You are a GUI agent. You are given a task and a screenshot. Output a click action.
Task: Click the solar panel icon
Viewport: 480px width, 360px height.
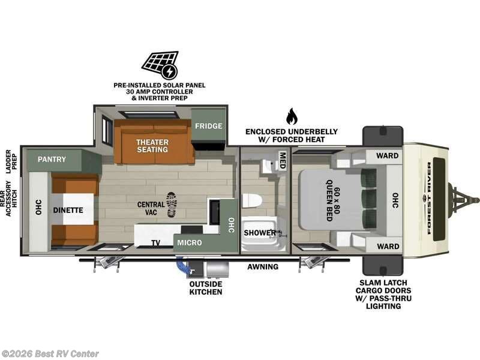160,65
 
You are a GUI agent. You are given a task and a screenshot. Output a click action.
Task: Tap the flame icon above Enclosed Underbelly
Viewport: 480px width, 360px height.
292,116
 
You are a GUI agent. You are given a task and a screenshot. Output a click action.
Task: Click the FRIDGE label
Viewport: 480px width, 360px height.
208,127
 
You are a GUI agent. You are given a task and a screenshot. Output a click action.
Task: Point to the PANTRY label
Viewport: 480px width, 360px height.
52,160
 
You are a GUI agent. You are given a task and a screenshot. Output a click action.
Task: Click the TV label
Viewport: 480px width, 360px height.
155,243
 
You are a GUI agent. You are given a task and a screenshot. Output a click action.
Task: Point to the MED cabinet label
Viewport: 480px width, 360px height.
282,159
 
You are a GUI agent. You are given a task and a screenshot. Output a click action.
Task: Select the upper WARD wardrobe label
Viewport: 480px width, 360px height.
387,156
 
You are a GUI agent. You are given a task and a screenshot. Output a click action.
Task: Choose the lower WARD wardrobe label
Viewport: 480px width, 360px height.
387,246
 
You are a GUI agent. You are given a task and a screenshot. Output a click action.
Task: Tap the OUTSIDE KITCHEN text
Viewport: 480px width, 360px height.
206,287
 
